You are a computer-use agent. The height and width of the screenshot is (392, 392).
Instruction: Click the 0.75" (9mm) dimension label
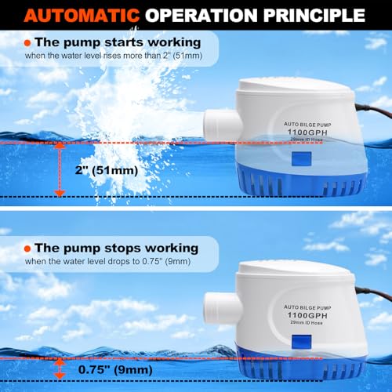coord(115,365)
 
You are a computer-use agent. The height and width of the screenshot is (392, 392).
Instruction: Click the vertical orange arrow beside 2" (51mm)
coord(60,169)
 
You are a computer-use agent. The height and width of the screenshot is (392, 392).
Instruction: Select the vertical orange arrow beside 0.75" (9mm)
coord(60,365)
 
